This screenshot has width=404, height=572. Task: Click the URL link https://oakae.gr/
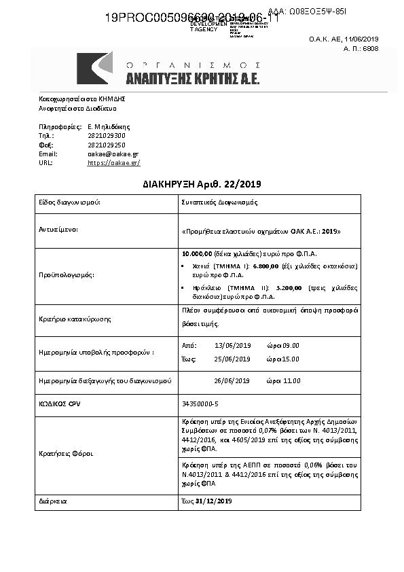click(x=113, y=163)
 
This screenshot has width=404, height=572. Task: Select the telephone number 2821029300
click(x=107, y=136)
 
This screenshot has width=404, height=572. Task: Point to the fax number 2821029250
click(x=107, y=145)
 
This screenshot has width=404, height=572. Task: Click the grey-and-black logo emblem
click(x=96, y=68)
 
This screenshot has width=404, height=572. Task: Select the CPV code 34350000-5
click(x=200, y=404)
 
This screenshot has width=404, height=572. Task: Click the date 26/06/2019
click(x=232, y=380)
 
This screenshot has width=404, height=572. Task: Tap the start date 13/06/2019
click(x=232, y=345)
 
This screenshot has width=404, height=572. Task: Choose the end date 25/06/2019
click(x=232, y=358)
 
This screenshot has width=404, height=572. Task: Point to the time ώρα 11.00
click(x=283, y=380)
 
